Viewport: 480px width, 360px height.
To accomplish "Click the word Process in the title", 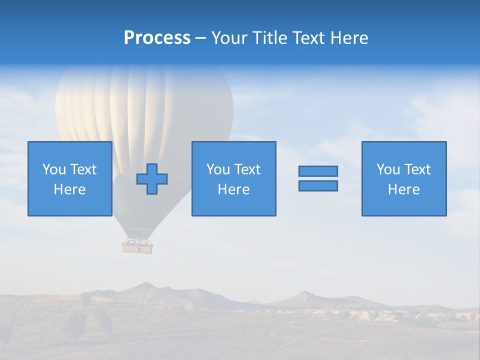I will pyautogui.click(x=157, y=38).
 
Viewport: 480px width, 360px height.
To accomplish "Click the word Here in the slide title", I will pyautogui.click(x=350, y=38).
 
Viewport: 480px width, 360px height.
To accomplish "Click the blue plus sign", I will pyautogui.click(x=152, y=179).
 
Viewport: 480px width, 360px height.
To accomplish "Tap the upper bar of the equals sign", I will pyautogui.click(x=318, y=171).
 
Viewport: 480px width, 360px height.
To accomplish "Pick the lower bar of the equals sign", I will pyautogui.click(x=318, y=186).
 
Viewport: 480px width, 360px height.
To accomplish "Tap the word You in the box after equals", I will pyautogui.click(x=388, y=169).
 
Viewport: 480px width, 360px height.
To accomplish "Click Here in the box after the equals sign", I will pyautogui.click(x=404, y=189).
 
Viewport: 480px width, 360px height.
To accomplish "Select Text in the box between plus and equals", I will pyautogui.click(x=247, y=169).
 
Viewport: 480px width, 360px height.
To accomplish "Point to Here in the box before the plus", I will pyautogui.click(x=70, y=189).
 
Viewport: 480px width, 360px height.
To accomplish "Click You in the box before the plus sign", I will pyautogui.click(x=54, y=169).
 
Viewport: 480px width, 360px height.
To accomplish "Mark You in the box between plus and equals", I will pyautogui.click(x=218, y=169).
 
